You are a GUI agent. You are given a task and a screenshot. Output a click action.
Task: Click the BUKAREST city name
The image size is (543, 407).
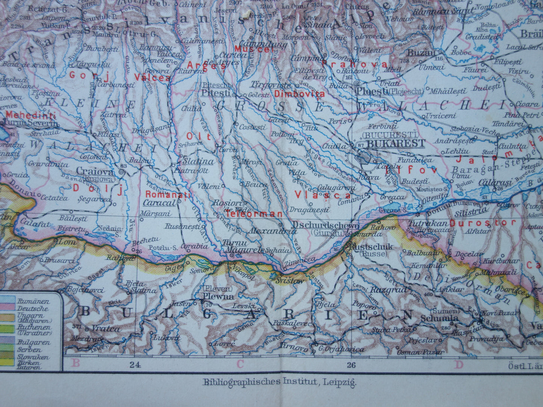[396, 143]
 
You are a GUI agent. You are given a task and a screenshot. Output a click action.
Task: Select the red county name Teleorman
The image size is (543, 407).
[254, 214]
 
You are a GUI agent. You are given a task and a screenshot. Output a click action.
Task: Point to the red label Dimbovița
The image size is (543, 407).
[299, 94]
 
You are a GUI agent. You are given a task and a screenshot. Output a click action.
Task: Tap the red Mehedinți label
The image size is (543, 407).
[31, 115]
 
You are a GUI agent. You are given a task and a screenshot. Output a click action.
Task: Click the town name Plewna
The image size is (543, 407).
[219, 296]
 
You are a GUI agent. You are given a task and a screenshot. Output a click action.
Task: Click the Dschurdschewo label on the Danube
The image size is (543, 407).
[325, 225]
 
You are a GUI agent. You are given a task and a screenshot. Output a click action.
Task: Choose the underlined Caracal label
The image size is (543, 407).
[159, 202]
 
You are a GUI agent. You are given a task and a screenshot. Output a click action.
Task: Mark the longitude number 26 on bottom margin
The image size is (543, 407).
[351, 364]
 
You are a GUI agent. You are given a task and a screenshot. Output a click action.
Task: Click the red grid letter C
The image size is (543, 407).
[240, 363]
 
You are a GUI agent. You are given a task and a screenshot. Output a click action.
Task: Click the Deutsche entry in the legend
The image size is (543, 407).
[33, 309]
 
